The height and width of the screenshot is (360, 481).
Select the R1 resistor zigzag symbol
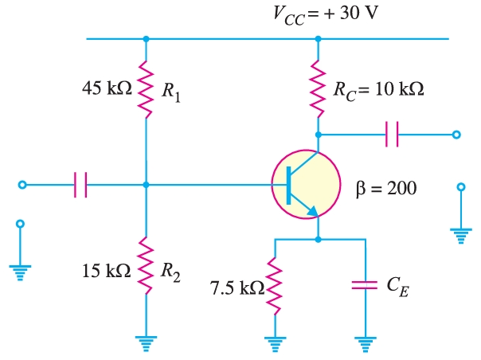pyautogui.click(x=145, y=90)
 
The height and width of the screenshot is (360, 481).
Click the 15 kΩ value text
pyautogui.click(x=105, y=271)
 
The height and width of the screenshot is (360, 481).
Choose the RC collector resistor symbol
pyautogui.click(x=319, y=89)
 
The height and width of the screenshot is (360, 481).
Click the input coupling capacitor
pyautogui.click(x=80, y=185)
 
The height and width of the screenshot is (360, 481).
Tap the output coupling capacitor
pyautogui.click(x=391, y=135)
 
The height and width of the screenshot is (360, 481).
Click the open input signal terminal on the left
pyautogui.click(x=22, y=185)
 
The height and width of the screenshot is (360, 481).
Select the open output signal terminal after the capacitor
pyautogui.click(x=456, y=135)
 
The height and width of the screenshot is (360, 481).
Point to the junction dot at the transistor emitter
pyautogui.click(x=319, y=238)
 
